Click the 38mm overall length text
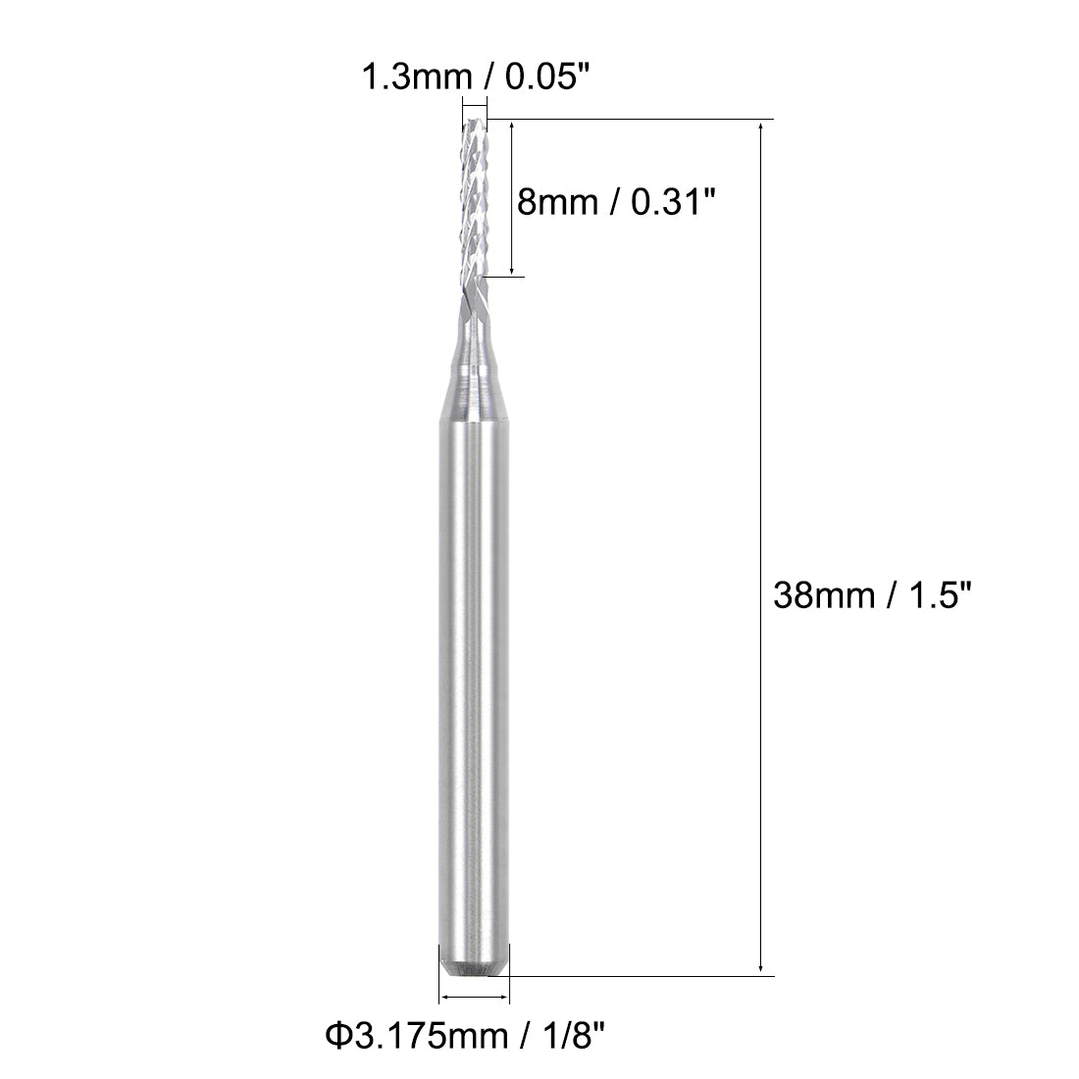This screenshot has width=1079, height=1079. pyautogui.click(x=819, y=595)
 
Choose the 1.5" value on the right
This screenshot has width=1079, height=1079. pyautogui.click(x=935, y=595)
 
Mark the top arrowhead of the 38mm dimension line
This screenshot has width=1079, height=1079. pyautogui.click(x=762, y=127)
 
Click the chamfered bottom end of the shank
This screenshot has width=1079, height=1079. pyautogui.click(x=473, y=966)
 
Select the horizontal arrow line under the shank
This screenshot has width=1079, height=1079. pyautogui.click(x=475, y=998)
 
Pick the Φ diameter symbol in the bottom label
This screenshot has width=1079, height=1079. pyautogui.click(x=334, y=1034)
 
